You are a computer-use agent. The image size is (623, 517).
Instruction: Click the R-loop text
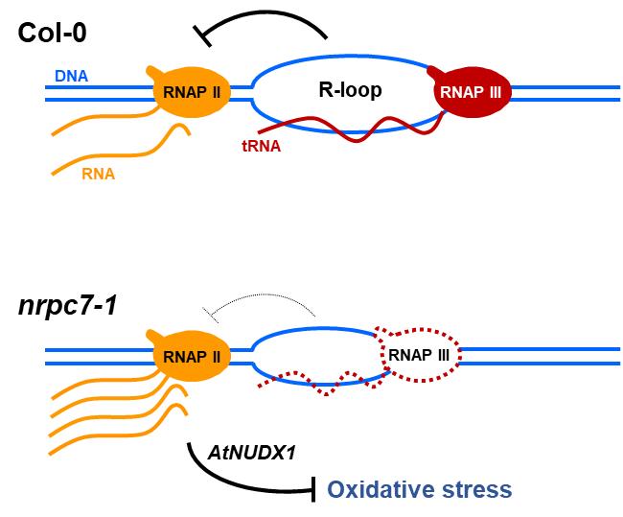tap(351, 92)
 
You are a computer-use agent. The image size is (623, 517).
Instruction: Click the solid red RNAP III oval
tap(473, 94)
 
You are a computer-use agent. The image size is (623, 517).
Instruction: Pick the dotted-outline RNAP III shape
tap(420, 356)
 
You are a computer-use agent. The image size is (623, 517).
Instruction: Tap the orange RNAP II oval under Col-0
tap(196, 93)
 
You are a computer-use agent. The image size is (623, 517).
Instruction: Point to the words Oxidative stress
tap(419, 490)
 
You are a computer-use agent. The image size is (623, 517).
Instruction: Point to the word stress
tap(476, 490)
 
